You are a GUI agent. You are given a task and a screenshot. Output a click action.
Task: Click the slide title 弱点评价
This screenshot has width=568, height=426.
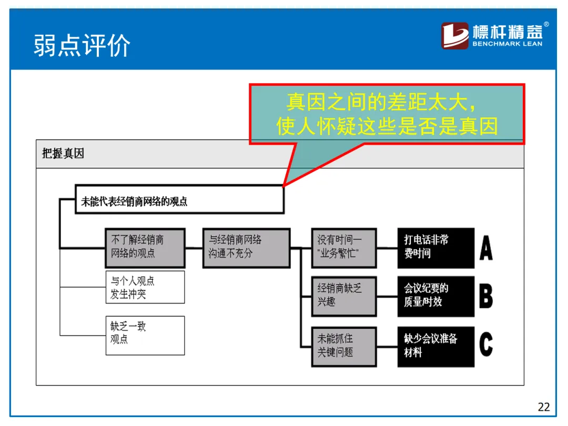click(x=82, y=45)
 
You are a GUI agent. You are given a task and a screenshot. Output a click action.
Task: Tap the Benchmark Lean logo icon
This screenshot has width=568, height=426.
click(x=454, y=36)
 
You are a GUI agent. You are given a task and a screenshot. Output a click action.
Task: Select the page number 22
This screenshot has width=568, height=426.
click(x=543, y=407)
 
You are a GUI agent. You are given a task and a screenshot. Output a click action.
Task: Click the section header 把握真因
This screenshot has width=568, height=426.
click(x=63, y=154)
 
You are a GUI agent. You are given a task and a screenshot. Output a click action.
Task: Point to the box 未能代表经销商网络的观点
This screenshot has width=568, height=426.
click(x=179, y=199)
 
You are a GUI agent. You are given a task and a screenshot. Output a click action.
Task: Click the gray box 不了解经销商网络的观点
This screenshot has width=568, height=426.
click(x=145, y=247)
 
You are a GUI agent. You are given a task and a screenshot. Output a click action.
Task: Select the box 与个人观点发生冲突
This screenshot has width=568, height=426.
click(x=145, y=287)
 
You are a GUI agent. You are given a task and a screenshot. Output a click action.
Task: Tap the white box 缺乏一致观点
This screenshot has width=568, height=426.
click(x=145, y=334)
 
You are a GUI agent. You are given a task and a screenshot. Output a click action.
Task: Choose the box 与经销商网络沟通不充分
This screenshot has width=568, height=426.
click(x=246, y=247)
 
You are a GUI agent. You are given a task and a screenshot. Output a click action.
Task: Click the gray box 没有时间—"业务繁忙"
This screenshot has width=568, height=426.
click(x=344, y=248)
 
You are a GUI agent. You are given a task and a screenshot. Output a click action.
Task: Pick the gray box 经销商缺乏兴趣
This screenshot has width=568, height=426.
click(x=344, y=296)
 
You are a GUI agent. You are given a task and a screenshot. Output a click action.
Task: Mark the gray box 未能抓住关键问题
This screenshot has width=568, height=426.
click(x=344, y=346)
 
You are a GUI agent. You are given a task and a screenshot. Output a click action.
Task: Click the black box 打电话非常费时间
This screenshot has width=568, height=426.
click(x=435, y=247)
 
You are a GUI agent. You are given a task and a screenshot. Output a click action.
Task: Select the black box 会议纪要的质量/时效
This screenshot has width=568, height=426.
click(x=435, y=296)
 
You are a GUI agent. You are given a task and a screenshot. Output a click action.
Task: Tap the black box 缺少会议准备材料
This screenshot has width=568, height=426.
click(x=435, y=346)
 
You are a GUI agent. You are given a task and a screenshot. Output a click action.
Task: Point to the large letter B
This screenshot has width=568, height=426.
click(x=486, y=296)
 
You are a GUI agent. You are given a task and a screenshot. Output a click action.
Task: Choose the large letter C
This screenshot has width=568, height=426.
click(x=486, y=346)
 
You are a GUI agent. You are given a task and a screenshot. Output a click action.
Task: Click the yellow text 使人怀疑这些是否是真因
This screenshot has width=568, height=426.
click(x=387, y=126)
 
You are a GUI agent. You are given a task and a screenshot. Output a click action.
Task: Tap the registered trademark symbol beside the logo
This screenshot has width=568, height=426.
click(x=546, y=24)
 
